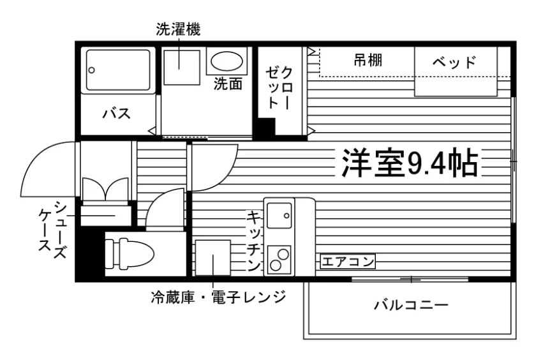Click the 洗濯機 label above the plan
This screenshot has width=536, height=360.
pyautogui.click(x=178, y=29)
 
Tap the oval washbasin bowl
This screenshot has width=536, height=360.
pyautogui.click(x=227, y=61)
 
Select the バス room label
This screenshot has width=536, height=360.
pyautogui.click(x=117, y=113)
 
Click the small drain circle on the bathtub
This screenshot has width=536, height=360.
pyautogui.click(x=92, y=70)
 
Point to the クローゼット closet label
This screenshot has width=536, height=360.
pyautogui.click(x=279, y=87)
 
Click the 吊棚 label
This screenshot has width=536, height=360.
pyautogui.click(x=368, y=61)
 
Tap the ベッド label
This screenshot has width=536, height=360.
pyautogui.click(x=454, y=62)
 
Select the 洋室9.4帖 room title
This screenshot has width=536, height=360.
pyautogui.click(x=410, y=163)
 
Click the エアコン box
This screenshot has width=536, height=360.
pyautogui.click(x=348, y=262)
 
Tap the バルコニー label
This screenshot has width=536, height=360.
pyautogui.click(x=410, y=304)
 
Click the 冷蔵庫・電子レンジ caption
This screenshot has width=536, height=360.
pyautogui.click(x=218, y=297)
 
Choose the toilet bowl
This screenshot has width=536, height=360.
pyautogui.click(x=130, y=253)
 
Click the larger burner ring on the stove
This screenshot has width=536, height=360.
pyautogui.click(x=284, y=254)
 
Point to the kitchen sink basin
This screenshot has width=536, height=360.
pyautogui.click(x=279, y=215)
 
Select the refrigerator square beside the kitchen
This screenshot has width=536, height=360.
pyautogui.click(x=212, y=258)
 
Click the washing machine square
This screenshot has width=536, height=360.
pyautogui.click(x=181, y=68)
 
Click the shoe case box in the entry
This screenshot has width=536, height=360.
pyautogui.click(x=106, y=215)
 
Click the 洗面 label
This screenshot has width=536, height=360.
pyautogui.click(x=228, y=84)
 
